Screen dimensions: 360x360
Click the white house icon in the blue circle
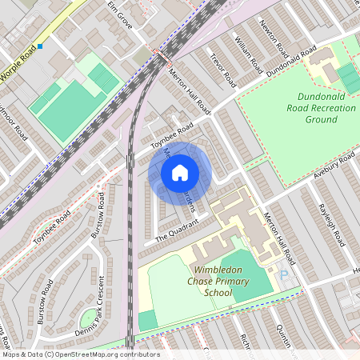coord(180,173)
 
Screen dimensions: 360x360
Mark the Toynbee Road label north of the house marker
coord(173,137)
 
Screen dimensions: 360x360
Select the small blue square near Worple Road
coord(40,46)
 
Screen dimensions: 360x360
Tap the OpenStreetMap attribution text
coord(81,354)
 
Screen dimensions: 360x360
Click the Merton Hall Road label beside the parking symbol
coord(280,237)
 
